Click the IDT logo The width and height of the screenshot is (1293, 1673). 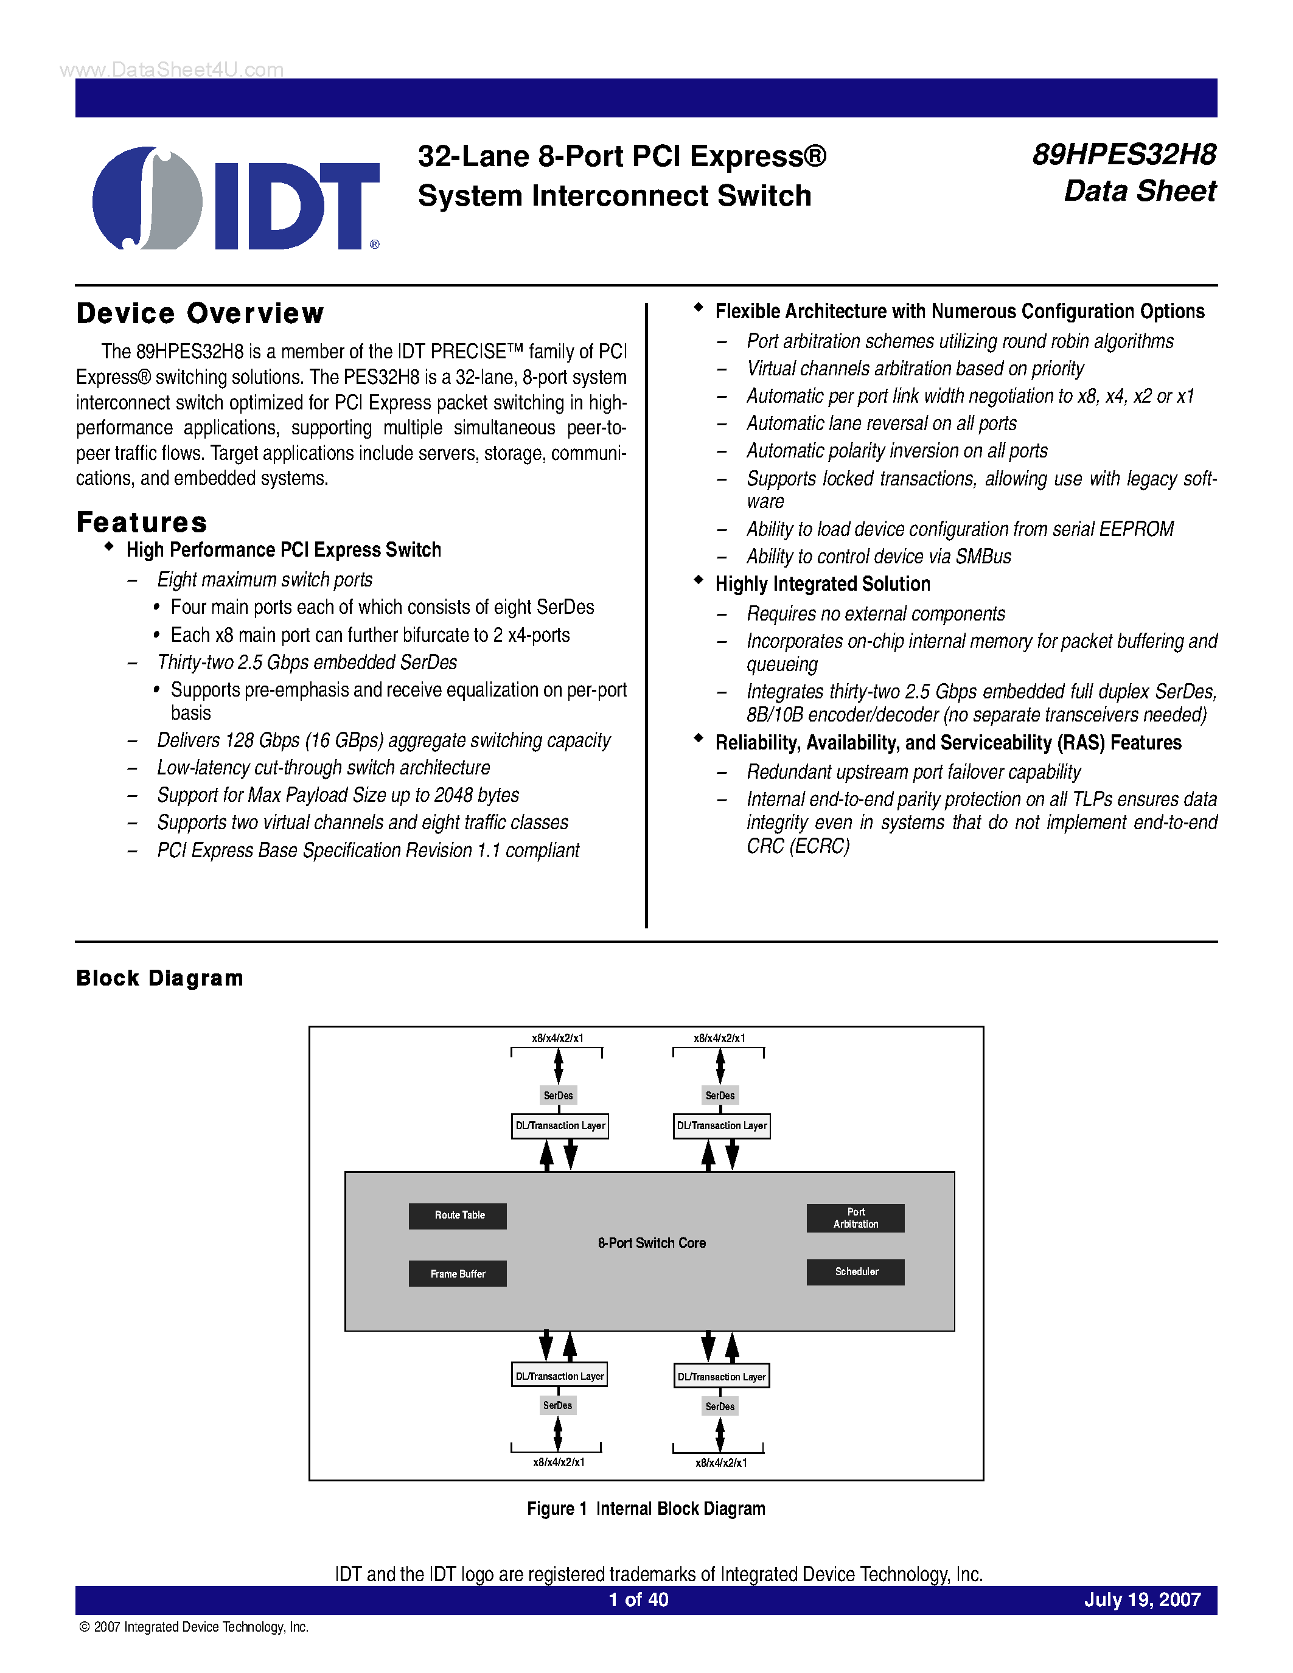(236, 198)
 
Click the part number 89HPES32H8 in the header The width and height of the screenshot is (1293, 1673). (1124, 155)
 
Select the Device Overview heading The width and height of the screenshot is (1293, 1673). (201, 314)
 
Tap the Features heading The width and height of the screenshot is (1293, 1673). (142, 523)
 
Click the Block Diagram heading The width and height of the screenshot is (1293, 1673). (160, 978)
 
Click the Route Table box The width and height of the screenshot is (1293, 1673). (458, 1216)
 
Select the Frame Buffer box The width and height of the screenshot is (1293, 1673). (458, 1274)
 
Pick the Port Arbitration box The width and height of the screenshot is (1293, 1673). (855, 1218)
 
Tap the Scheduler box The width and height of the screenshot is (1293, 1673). (855, 1272)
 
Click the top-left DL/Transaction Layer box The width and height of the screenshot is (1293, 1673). (560, 1126)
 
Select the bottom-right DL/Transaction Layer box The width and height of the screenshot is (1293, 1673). (722, 1377)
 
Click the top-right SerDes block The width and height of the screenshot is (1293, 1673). (720, 1096)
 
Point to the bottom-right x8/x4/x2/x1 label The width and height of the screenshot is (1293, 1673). (721, 1463)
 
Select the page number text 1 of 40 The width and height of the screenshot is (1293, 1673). (638, 1600)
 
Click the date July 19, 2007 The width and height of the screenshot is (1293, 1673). (1142, 1600)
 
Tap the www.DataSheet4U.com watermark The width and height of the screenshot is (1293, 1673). (172, 70)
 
